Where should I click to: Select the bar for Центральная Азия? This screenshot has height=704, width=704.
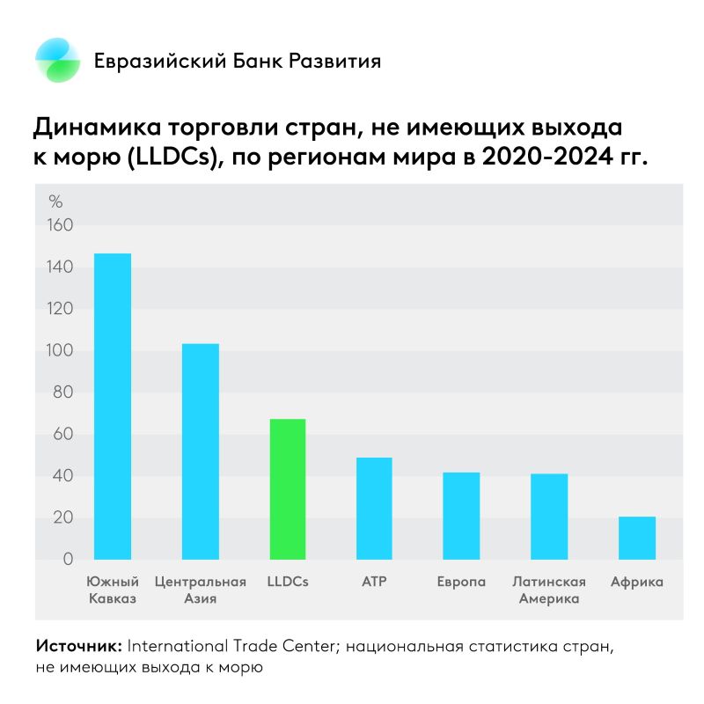click(x=200, y=451)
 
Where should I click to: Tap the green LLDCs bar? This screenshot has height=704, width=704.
click(x=288, y=489)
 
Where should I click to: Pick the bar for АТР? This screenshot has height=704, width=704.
click(x=374, y=509)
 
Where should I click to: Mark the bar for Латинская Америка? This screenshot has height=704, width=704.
click(x=549, y=517)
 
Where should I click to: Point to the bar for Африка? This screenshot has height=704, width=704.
click(x=636, y=538)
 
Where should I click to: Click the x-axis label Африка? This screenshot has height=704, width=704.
click(x=636, y=583)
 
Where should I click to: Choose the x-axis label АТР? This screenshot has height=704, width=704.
click(x=374, y=583)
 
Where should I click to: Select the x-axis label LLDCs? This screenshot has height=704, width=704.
click(x=288, y=583)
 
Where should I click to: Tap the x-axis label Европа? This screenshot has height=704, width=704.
click(x=461, y=583)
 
